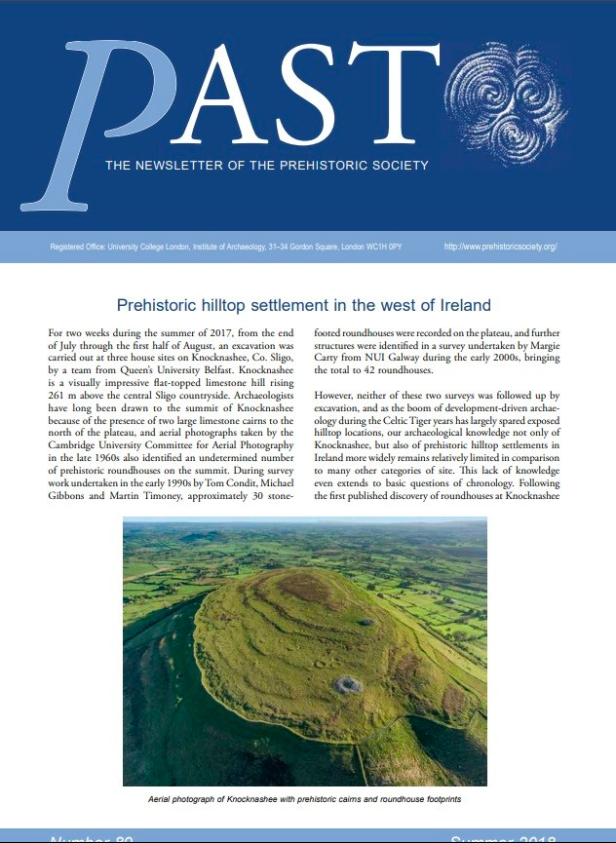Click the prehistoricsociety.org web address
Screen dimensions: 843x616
click(x=500, y=248)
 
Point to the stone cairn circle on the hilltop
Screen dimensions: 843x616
click(x=348, y=684)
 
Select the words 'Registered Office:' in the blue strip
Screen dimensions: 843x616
click(x=77, y=248)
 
